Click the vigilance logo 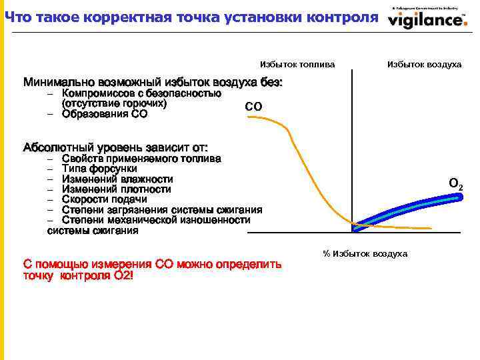[x=427, y=19]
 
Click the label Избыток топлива [x=297, y=65]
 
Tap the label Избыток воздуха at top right [x=424, y=65]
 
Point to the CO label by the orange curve [x=253, y=107]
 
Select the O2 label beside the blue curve [x=456, y=183]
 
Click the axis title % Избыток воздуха [x=365, y=254]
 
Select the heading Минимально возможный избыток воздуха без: [x=153, y=83]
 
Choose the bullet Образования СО [x=105, y=114]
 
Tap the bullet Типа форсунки [x=99, y=169]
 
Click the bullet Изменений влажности [x=117, y=179]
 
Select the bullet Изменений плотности [x=116, y=189]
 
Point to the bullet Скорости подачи [x=104, y=199]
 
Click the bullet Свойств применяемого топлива [x=141, y=159]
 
